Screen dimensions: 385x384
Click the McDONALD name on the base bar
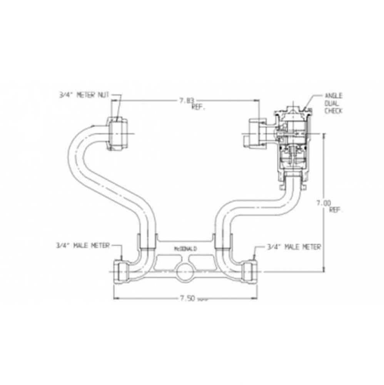[x=185, y=249]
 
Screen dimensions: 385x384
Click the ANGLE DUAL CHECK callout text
[x=333, y=103]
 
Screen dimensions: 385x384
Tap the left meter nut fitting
[x=118, y=134]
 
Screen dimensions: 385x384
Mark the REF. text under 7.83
[x=198, y=108]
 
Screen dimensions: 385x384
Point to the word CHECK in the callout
[x=333, y=111]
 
